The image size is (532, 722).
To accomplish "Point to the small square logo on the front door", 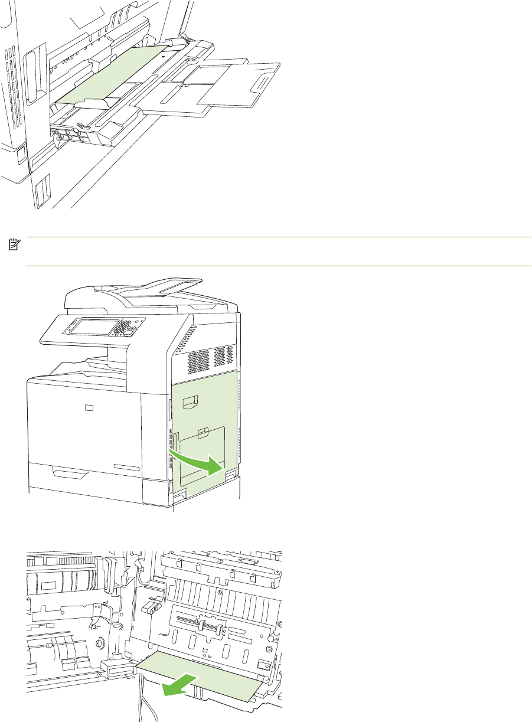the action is pyautogui.click(x=88, y=407).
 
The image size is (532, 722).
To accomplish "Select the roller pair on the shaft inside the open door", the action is pyautogui.click(x=207, y=628).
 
